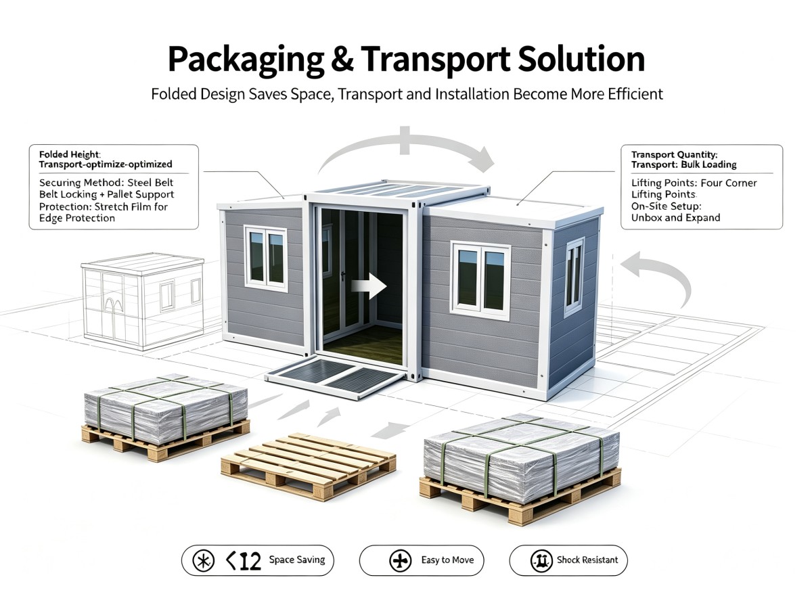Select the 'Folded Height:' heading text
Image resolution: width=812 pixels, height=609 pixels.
[x=70, y=154]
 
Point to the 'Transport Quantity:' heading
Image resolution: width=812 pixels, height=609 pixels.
[x=674, y=154]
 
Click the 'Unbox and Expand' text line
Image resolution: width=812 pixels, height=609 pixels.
[x=675, y=217]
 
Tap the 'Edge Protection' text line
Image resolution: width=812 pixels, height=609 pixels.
[x=77, y=218]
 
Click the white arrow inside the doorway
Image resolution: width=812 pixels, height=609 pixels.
[x=369, y=286]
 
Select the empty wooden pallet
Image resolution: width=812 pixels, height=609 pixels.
[x=308, y=466]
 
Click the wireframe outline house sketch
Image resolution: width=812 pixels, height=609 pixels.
[x=142, y=301]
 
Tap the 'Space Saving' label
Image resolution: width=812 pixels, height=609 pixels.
[x=296, y=560]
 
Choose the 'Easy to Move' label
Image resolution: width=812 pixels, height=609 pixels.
[x=447, y=560]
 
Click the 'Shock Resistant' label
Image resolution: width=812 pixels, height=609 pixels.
[x=587, y=560]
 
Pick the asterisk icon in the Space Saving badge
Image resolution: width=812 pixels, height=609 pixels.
[x=204, y=560]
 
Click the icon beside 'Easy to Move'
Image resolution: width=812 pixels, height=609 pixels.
[x=401, y=560]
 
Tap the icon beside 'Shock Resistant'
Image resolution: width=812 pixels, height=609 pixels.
[x=541, y=560]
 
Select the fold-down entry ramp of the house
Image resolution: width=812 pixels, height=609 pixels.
[x=336, y=376]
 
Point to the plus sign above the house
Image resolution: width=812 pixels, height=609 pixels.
[x=405, y=141]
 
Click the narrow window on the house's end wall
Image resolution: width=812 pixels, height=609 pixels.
[x=573, y=277]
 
